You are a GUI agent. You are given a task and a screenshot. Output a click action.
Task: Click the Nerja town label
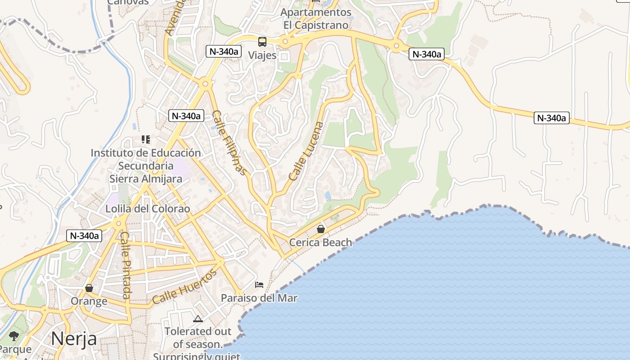74,338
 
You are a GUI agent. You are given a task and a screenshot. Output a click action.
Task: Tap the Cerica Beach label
320,243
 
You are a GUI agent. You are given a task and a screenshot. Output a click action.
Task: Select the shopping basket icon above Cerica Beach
320,229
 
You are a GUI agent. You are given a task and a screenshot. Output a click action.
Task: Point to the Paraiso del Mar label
259,298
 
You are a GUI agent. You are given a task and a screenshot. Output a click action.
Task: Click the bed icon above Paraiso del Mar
259,284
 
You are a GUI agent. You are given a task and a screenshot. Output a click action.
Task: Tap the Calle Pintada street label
126,265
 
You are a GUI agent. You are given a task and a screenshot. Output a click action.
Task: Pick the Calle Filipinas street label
229,143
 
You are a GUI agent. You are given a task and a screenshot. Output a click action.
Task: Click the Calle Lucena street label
306,151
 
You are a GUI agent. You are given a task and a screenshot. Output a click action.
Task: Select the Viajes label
262,55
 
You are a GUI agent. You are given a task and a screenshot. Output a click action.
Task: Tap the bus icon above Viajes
262,42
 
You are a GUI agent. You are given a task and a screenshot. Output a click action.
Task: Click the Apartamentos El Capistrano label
316,18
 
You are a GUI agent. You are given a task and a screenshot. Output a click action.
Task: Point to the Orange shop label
89,301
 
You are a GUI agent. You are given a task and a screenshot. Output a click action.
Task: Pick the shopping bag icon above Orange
89,288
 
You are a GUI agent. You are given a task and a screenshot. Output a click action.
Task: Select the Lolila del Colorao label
148,209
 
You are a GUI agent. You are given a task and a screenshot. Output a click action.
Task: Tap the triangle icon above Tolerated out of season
198,319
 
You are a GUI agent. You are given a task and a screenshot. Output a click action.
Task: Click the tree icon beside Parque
14,336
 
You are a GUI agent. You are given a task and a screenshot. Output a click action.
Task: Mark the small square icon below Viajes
284,56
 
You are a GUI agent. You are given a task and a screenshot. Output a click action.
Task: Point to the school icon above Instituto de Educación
145,139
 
